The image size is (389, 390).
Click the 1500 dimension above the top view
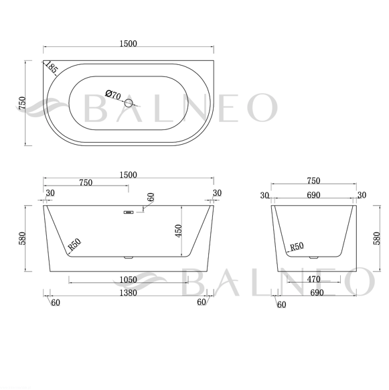pyautogui.click(x=129, y=44)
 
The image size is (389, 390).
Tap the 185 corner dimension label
pyautogui.click(x=52, y=67)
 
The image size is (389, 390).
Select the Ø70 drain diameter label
pyautogui.click(x=113, y=94)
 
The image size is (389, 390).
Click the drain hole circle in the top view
pyautogui.click(x=129, y=103)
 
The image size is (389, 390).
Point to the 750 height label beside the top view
pyautogui.click(x=22, y=103)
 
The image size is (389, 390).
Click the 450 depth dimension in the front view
pyautogui.click(x=179, y=231)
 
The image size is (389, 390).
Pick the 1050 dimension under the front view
pyautogui.click(x=129, y=280)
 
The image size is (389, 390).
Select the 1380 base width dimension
pyautogui.click(x=129, y=293)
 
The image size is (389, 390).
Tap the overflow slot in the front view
pyautogui.click(x=129, y=212)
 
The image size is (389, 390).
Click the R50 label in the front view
pyautogui.click(x=74, y=244)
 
